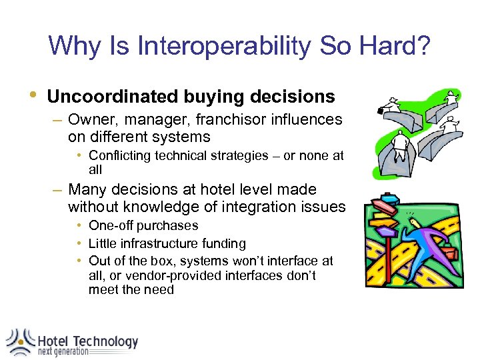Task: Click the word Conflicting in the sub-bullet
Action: pyautogui.click(x=120, y=156)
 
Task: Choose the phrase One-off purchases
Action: pyautogui.click(x=143, y=226)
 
